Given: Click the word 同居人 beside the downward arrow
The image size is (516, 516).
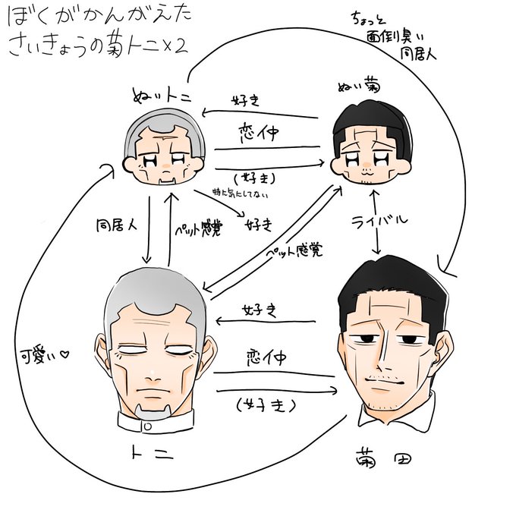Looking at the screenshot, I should click(x=115, y=226).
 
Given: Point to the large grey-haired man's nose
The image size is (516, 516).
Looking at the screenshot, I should click(x=154, y=371).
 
